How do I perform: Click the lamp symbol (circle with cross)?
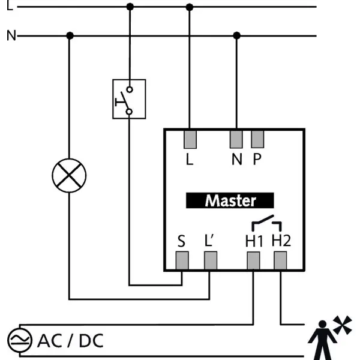[69, 176]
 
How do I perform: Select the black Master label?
[230, 200]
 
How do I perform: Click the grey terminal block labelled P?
[257, 139]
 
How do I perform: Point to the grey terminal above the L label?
[190, 140]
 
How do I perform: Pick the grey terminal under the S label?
[182, 260]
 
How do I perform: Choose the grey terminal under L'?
[211, 260]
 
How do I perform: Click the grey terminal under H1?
[253, 260]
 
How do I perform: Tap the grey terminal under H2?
[280, 260]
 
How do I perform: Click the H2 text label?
[281, 241]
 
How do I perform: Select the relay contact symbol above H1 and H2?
[266, 223]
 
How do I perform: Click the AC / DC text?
[70, 341]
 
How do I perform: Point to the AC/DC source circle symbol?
[20, 340]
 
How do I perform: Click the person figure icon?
[322, 340]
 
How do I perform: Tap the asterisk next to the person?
[343, 325]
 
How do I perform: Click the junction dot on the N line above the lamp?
[70, 35]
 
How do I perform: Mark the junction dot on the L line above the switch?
[130, 7]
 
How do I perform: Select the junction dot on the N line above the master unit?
[237, 35]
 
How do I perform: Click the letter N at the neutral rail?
[11, 35]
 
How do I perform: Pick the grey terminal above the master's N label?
[236, 139]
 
